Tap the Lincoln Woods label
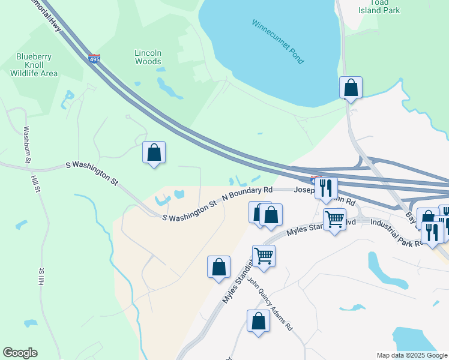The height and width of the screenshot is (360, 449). [x=148, y=57]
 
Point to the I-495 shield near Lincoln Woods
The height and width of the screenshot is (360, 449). [x=94, y=59]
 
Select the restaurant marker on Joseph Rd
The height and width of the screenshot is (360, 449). [x=326, y=188]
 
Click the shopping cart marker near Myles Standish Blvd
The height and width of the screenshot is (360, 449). [x=334, y=219]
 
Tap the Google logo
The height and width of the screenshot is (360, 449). [x=20, y=353]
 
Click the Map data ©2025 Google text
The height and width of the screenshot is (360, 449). [x=411, y=355]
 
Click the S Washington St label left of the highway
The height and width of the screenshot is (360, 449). [x=92, y=172]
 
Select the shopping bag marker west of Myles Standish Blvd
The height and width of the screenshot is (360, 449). [x=218, y=267]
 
